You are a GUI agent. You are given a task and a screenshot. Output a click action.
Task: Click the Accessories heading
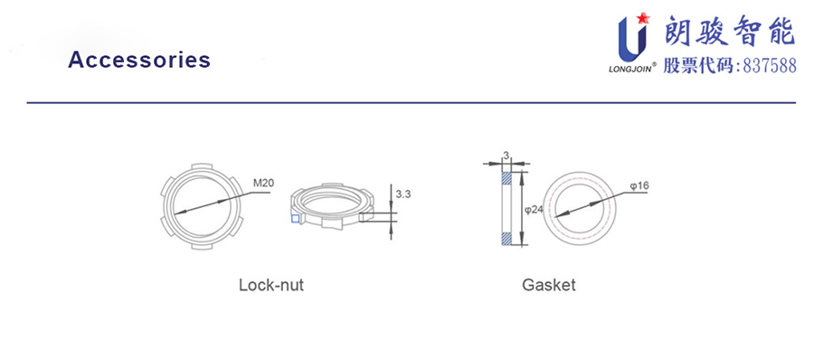pos(139,60)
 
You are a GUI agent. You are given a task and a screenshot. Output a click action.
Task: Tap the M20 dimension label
pos(263,183)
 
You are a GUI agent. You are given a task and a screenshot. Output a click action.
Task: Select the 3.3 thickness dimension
pos(403,194)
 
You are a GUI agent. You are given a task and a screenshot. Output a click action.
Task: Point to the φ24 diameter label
pos(534,210)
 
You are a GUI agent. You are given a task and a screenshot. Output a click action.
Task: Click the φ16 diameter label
pos(640,185)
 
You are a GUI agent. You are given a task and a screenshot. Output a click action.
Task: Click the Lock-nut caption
pos(271,285)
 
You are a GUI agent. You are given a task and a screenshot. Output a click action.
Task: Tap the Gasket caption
pos(549,285)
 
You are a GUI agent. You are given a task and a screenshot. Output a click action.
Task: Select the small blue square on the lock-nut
pos(295,219)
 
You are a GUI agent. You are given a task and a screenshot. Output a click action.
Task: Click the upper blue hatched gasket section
pos(506,177)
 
